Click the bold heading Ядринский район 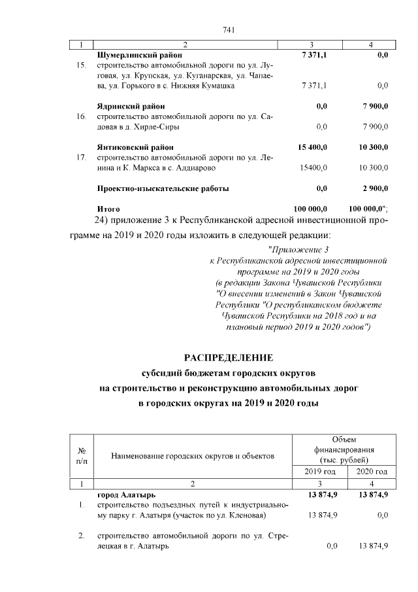(x=131, y=106)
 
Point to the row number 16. (x=82, y=116)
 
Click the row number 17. (x=82, y=158)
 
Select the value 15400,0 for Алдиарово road (x=313, y=168)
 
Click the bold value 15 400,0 (x=311, y=147)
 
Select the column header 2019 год (x=321, y=472)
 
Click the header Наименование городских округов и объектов (x=191, y=455)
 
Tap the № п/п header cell (x=82, y=455)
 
